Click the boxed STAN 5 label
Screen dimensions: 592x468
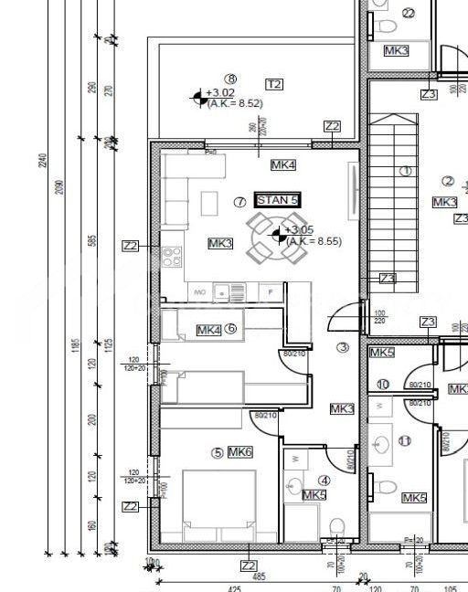[x=278, y=200]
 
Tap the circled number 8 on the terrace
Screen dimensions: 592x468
[x=230, y=79]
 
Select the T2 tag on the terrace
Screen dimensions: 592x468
[x=273, y=84]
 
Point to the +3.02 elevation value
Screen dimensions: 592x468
[x=220, y=92]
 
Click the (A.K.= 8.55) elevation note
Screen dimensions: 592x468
[x=314, y=241]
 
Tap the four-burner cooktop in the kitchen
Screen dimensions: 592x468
[x=171, y=257]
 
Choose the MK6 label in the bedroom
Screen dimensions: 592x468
[x=240, y=452]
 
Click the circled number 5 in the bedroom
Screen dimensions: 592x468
[x=217, y=452]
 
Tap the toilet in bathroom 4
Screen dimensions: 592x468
[x=335, y=525]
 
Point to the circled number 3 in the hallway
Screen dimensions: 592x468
[x=343, y=347]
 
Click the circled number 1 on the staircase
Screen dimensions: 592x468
[x=405, y=171]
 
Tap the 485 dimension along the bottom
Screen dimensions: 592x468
[x=259, y=577]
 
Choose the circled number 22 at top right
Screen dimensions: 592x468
[x=408, y=13]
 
